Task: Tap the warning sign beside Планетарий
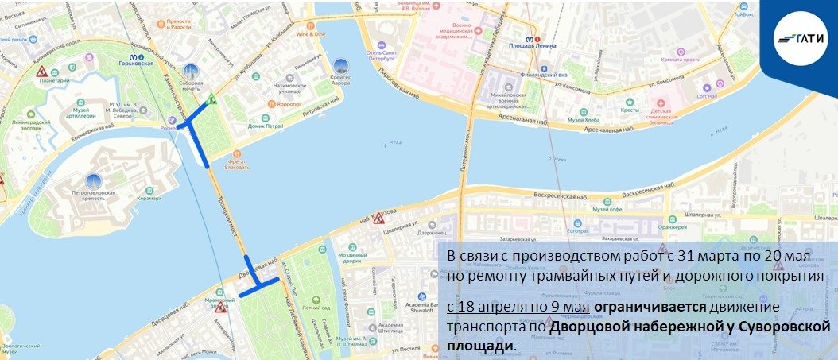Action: tap(41, 72)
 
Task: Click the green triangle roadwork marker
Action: tap(211, 99)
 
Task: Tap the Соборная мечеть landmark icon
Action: tap(190, 72)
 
